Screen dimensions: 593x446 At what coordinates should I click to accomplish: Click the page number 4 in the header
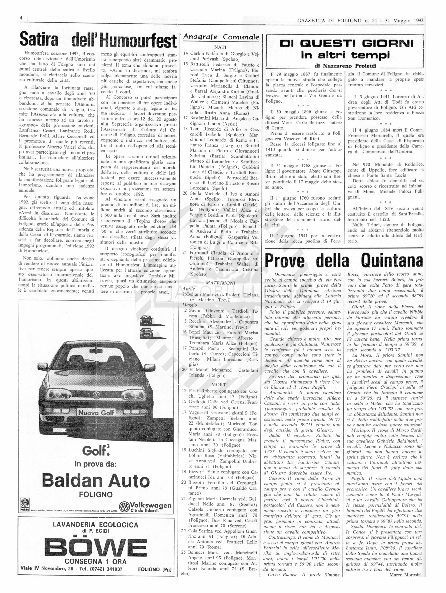[21, 18]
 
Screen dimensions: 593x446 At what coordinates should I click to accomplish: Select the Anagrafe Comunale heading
[221, 37]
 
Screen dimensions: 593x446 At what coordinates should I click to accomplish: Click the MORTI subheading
[220, 384]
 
